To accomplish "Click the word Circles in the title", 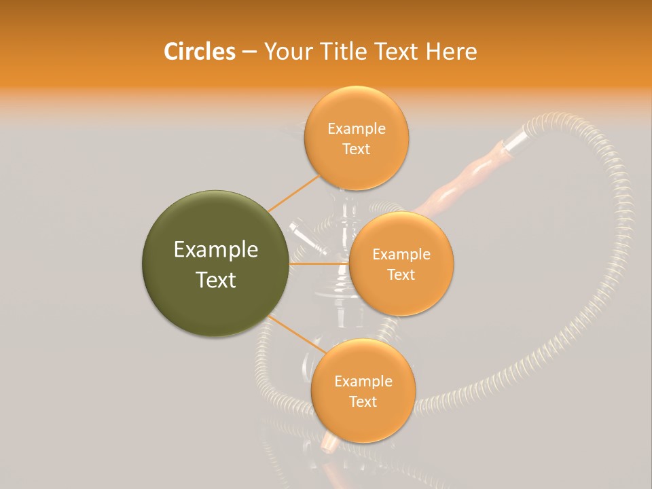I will (199, 52).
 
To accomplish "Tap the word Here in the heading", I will (452, 52).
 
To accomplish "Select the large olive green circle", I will (216, 264).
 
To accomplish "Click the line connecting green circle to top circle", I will (293, 192).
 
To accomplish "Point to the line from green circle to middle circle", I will (319, 264).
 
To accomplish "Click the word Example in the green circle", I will (216, 250).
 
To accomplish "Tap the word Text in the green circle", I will (216, 280).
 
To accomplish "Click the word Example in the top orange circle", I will (356, 129).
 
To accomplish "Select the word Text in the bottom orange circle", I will (363, 401).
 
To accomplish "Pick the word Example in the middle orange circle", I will (401, 255).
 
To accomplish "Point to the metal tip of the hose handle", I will (515, 139).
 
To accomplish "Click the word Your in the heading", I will (285, 52).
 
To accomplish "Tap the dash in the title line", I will (249, 52).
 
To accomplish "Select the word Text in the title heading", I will (396, 52).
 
